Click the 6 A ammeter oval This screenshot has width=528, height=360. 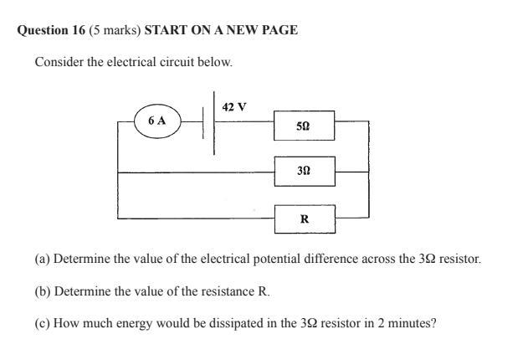(x=157, y=121)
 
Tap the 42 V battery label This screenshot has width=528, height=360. (x=234, y=107)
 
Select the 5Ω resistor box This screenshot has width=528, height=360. (x=304, y=126)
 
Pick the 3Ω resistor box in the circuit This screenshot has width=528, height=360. (x=304, y=170)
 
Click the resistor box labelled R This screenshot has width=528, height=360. (x=305, y=219)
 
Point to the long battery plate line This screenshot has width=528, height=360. (x=214, y=123)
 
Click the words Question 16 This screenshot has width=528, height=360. (x=51, y=30)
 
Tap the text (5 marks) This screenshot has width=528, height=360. (x=115, y=30)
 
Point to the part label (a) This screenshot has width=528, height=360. (x=43, y=260)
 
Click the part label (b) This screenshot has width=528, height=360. (x=43, y=291)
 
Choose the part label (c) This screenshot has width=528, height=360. (x=43, y=323)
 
